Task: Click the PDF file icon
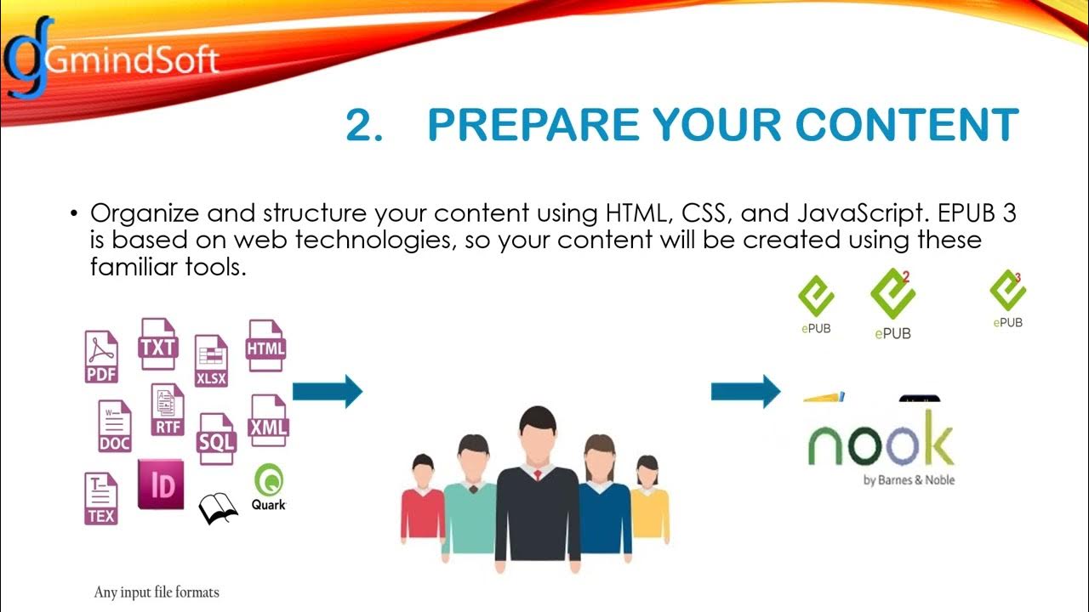[101, 357]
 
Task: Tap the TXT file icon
[157, 344]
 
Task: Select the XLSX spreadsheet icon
[211, 361]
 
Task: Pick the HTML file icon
[265, 346]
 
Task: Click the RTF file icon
[168, 411]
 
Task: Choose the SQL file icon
[216, 439]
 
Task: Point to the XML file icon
[269, 421]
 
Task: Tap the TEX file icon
[101, 499]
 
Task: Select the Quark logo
[269, 487]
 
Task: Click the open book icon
[218, 508]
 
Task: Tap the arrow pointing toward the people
[328, 392]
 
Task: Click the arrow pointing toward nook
[745, 391]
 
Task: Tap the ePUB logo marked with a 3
[1008, 298]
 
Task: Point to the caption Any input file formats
[157, 592]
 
